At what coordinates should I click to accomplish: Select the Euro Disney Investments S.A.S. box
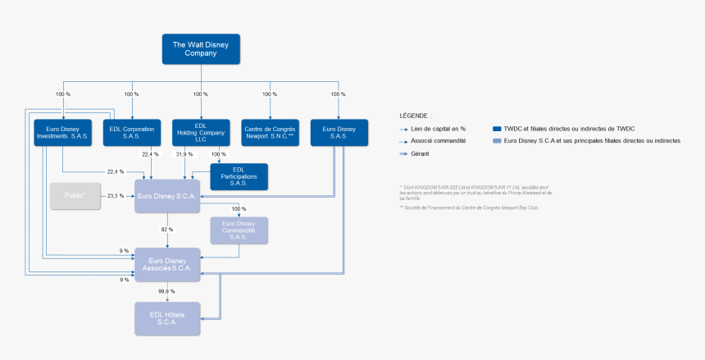62,133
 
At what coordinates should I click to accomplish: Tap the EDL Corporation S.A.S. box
132,133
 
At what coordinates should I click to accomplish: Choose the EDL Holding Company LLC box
201,133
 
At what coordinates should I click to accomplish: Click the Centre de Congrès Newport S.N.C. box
270,133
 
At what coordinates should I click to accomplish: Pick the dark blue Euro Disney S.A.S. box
339,133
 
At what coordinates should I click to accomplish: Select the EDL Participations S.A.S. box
239,177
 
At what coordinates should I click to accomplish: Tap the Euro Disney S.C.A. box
167,196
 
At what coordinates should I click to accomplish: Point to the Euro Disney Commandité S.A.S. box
239,231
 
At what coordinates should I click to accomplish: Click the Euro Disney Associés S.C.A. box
167,265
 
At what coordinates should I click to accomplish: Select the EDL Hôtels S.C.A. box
167,319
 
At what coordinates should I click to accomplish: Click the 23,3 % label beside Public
116,196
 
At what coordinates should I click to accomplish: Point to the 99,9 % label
166,291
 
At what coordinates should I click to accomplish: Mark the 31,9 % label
184,154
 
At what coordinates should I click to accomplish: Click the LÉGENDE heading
416,116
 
